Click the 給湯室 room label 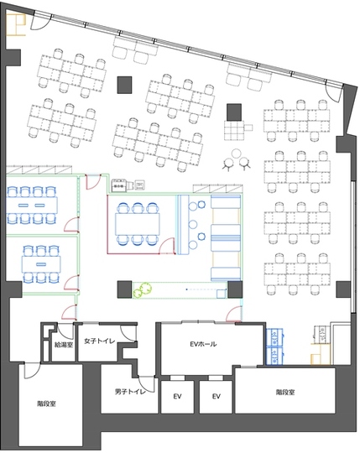coord(64,345)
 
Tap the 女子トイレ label coord(99,341)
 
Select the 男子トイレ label coord(130,392)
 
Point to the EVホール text coord(203,344)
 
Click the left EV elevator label coord(177,396)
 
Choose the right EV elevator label coord(217,396)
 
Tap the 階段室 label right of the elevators coord(285,393)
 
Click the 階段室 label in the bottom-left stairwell coord(46,404)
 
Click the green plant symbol coord(143,290)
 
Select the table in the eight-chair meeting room coord(32,206)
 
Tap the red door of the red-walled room coord(167,246)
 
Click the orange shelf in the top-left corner coord(16,25)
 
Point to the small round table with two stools coord(237,153)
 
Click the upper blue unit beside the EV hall coord(274,337)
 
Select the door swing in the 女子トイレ coord(128,333)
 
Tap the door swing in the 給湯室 coord(65,331)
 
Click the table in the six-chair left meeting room coord(41,264)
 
